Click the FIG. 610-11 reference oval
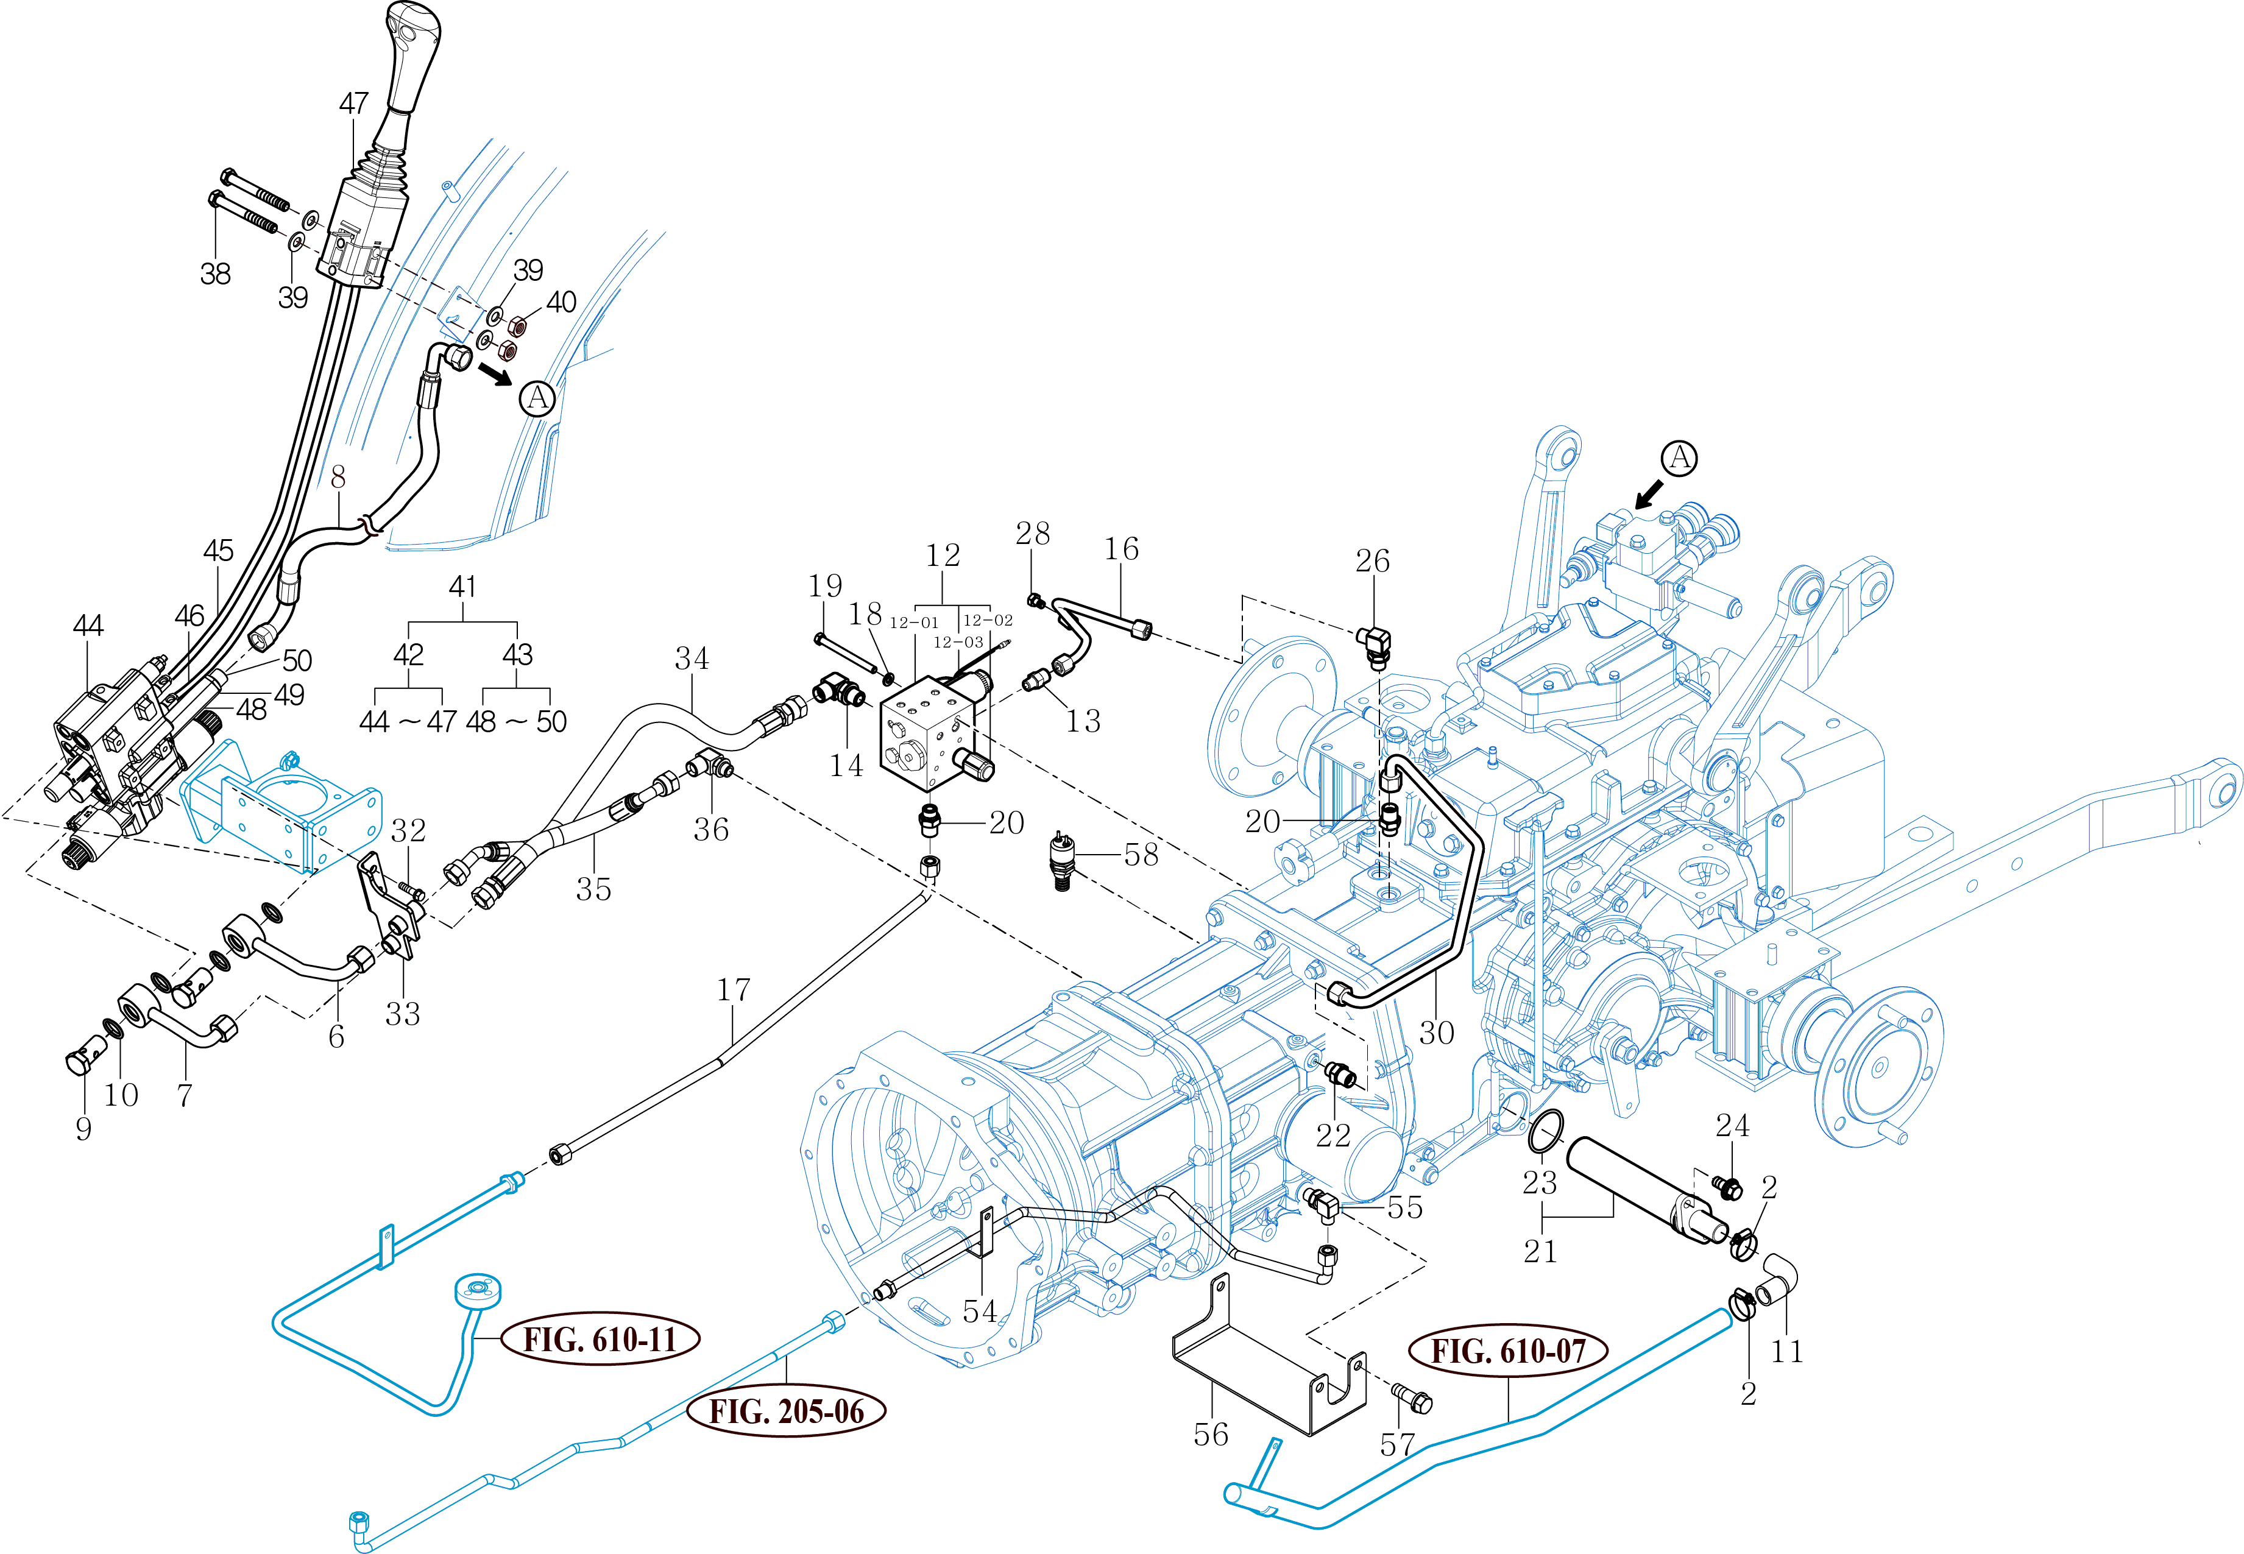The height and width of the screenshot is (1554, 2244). coord(600,1340)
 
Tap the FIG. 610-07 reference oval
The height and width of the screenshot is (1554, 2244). coord(1508,1352)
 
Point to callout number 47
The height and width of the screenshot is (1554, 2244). coord(353,103)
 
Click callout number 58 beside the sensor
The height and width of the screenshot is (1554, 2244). coord(1141,855)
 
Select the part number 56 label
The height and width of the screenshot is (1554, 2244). coord(1211,1434)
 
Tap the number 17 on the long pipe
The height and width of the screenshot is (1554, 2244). coord(734,991)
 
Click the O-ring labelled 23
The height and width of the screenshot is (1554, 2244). coord(1546,1131)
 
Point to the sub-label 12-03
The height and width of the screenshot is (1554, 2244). coord(958,643)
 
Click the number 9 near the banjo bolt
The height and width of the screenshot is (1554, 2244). coord(83,1129)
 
